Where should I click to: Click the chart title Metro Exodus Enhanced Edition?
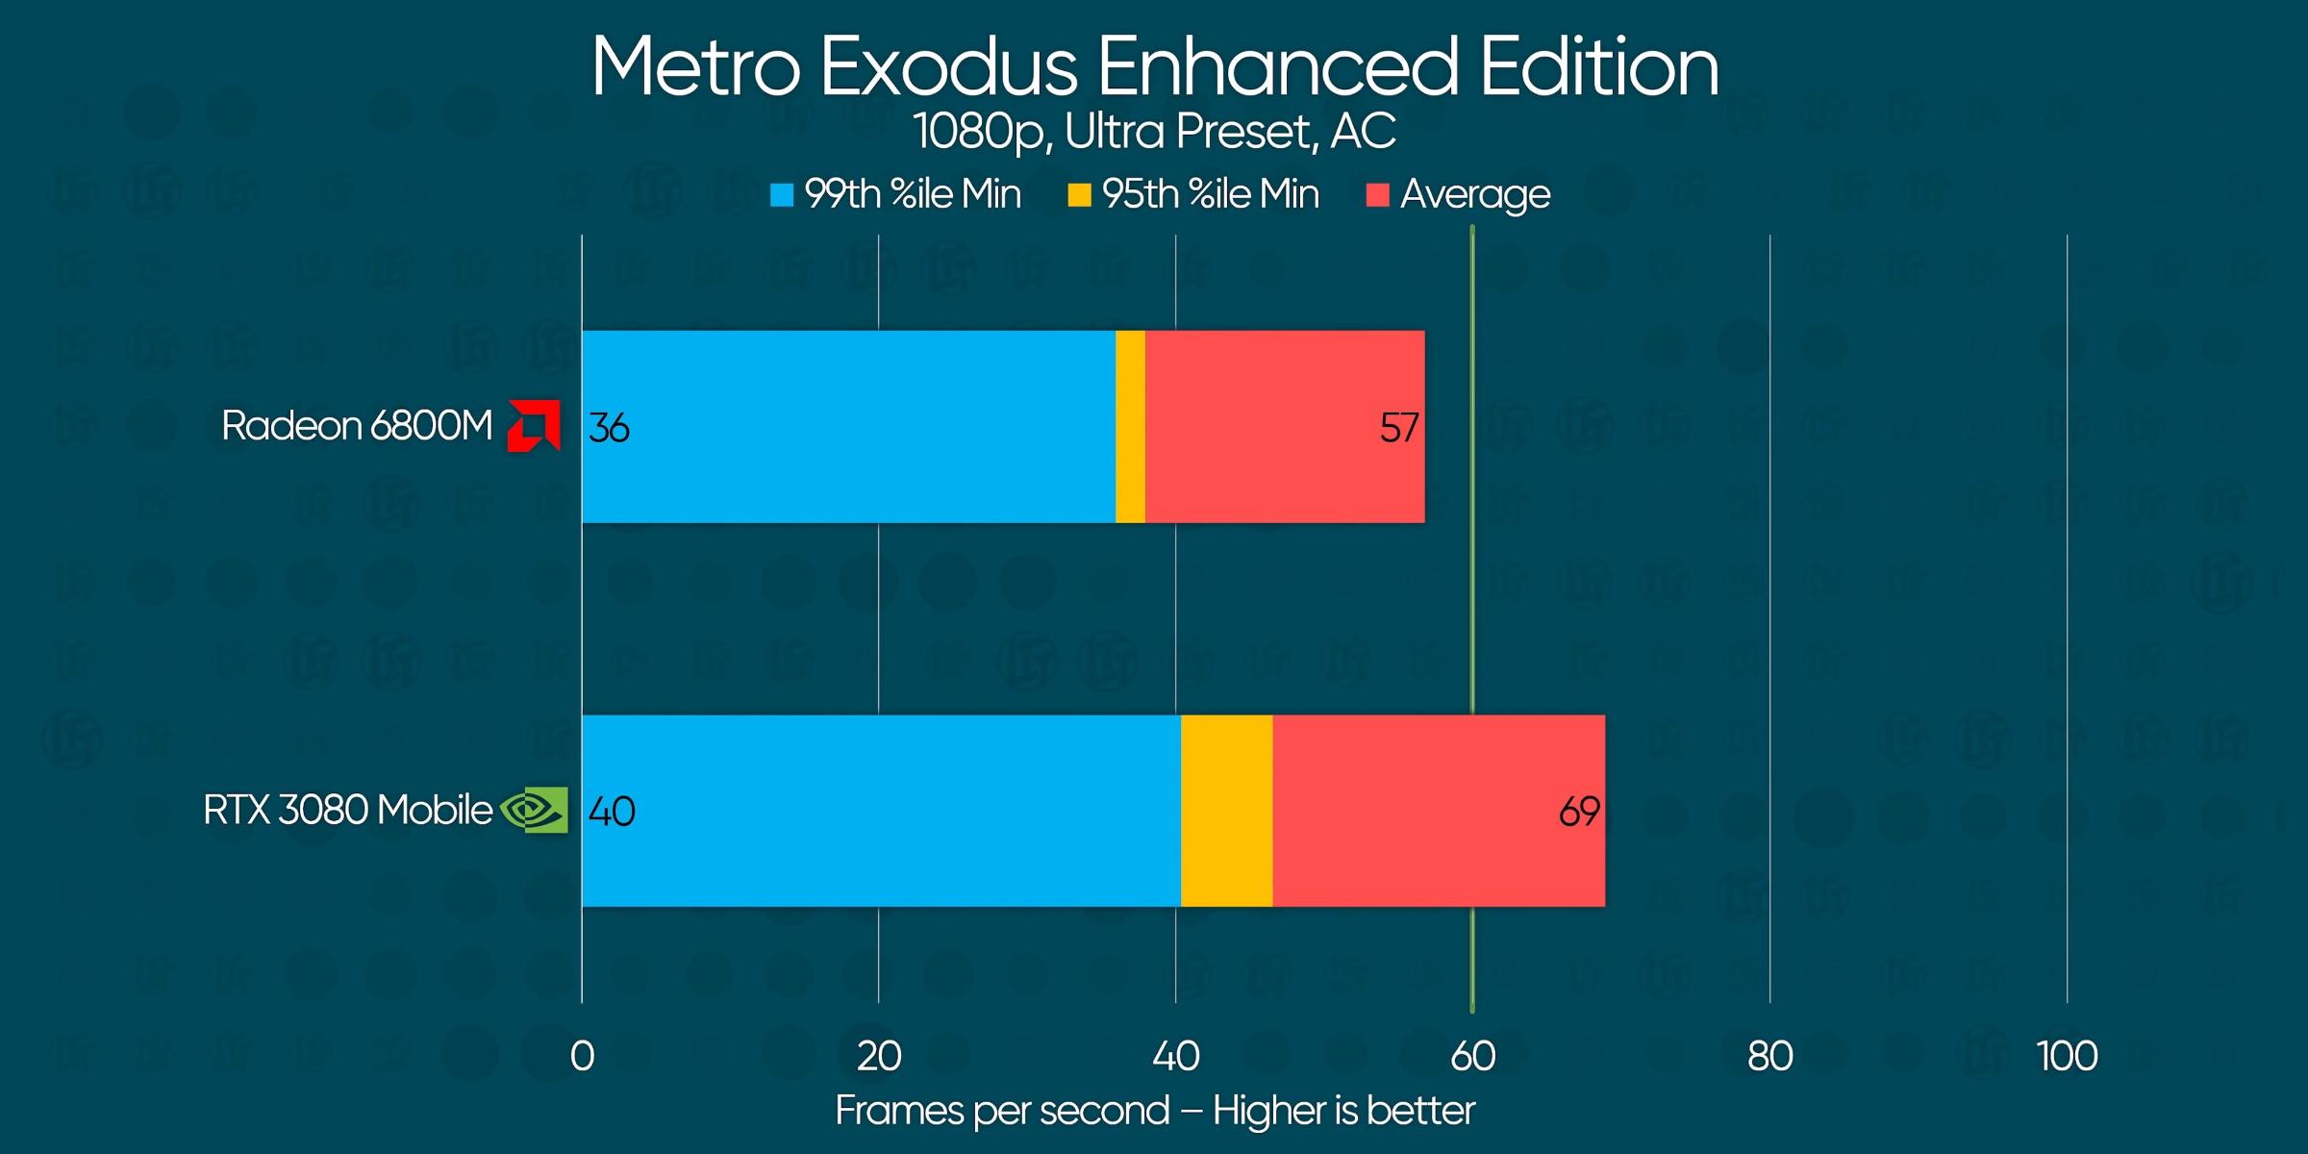[x=1154, y=67]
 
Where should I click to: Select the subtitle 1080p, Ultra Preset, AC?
[x=1154, y=132]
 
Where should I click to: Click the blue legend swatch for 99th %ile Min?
[x=782, y=195]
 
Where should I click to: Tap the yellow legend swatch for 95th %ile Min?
[x=1079, y=195]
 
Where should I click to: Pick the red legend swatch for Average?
[x=1377, y=195]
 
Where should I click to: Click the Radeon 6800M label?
[x=357, y=426]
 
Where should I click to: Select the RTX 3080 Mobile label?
[x=347, y=811]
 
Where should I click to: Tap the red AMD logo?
[x=534, y=426]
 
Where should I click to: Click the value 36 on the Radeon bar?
[x=609, y=428]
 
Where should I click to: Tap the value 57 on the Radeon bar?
[x=1398, y=428]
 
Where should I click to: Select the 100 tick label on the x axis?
[x=2067, y=1057]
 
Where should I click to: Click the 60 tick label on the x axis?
[x=1472, y=1057]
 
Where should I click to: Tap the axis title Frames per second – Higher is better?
[x=1154, y=1111]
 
